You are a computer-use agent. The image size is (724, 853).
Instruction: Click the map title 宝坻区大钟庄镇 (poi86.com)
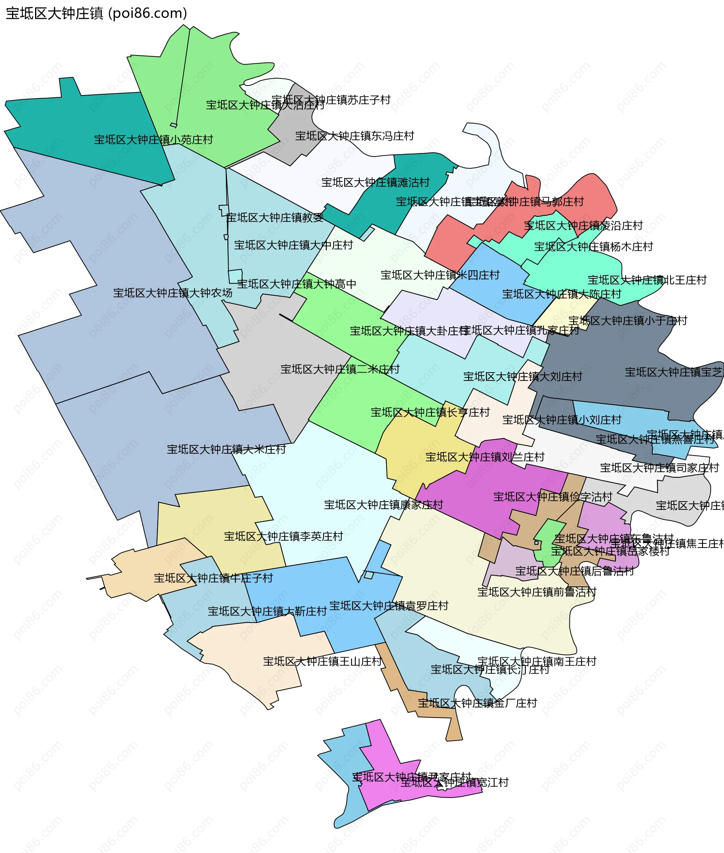tap(97, 14)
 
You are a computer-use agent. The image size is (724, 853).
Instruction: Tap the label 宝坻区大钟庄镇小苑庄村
tap(153, 140)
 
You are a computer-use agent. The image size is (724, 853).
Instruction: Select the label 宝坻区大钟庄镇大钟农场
tap(173, 293)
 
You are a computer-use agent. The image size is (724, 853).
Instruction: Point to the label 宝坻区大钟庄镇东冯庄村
tap(354, 136)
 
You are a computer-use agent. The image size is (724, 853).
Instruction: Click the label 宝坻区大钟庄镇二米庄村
tap(340, 370)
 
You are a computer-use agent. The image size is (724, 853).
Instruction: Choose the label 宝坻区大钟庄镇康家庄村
tap(383, 505)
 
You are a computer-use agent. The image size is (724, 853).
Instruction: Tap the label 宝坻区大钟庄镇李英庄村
tap(283, 537)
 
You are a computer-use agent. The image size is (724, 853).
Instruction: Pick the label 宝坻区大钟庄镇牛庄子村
tap(213, 578)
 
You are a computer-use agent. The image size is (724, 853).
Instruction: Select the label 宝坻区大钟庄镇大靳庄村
tap(267, 612)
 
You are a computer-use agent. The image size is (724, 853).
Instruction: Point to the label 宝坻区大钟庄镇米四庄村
tap(440, 275)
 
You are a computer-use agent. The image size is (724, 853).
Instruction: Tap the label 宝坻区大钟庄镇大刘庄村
tap(523, 377)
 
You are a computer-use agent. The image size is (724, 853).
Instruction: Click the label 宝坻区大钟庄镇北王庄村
tap(647, 280)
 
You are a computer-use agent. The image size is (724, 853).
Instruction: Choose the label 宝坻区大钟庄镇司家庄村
tap(660, 468)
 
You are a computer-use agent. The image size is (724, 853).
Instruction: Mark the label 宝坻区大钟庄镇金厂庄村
tap(477, 703)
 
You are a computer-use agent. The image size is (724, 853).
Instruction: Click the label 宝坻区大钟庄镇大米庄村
tap(226, 450)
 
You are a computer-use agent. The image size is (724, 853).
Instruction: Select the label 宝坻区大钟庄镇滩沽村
tap(375, 183)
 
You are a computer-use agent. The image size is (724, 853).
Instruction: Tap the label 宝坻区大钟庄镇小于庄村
tap(627, 321)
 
